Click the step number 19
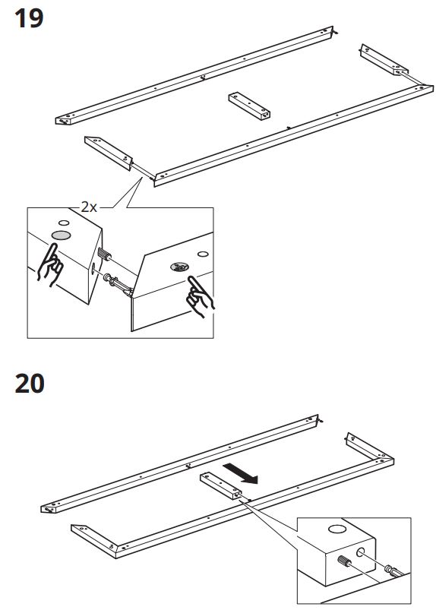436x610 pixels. pyautogui.click(x=29, y=19)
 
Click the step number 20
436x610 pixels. pyautogui.click(x=30, y=383)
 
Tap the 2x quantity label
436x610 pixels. pyautogui.click(x=89, y=207)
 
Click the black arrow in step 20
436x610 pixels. pyautogui.click(x=241, y=473)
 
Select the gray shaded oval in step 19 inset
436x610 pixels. pyautogui.click(x=61, y=235)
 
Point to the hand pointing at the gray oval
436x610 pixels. pyautogui.click(x=50, y=264)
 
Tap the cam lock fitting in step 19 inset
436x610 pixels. pyautogui.click(x=180, y=267)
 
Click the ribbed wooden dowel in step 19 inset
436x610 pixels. pyautogui.click(x=104, y=254)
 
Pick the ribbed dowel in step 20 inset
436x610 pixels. pyautogui.click(x=345, y=561)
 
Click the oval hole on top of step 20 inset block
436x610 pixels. pyautogui.click(x=336, y=529)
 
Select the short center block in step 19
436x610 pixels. pyautogui.click(x=249, y=106)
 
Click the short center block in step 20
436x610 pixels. pyautogui.click(x=220, y=485)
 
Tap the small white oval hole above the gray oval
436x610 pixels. pyautogui.click(x=64, y=223)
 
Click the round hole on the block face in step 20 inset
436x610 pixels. pyautogui.click(x=361, y=552)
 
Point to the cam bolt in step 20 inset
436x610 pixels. pyautogui.click(x=393, y=571)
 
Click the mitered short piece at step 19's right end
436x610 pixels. pyautogui.click(x=384, y=59)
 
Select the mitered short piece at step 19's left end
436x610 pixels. pyautogui.click(x=109, y=153)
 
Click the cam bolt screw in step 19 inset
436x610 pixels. pyautogui.click(x=118, y=285)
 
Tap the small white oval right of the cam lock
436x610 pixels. pyautogui.click(x=203, y=254)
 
